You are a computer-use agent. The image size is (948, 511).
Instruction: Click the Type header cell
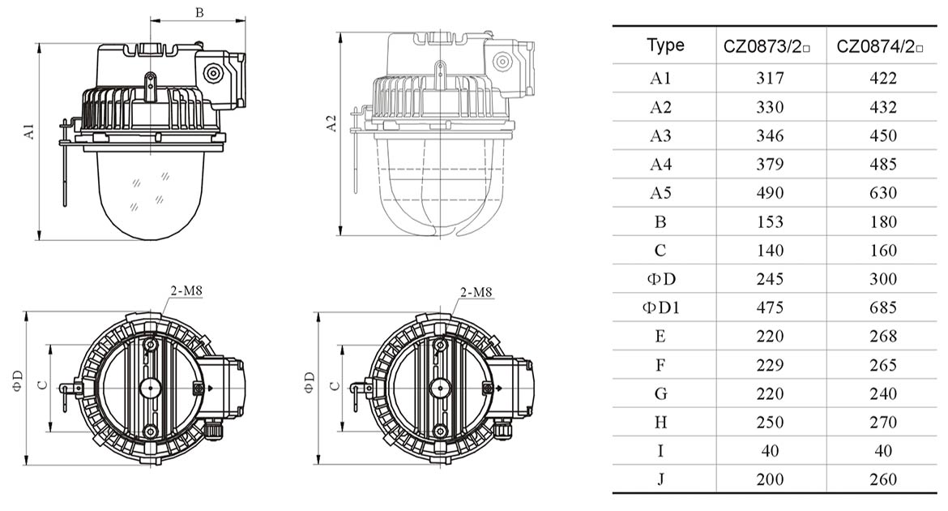click(x=665, y=46)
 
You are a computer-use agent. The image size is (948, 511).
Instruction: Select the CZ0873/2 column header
click(x=767, y=47)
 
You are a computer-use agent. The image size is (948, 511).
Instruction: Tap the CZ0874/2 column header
click(x=881, y=47)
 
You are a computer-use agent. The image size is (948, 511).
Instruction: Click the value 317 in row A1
click(x=770, y=79)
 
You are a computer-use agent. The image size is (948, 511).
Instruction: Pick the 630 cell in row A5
click(x=882, y=193)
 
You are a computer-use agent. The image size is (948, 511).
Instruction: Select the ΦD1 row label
click(x=660, y=307)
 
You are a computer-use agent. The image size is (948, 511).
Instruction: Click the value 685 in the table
click(x=882, y=307)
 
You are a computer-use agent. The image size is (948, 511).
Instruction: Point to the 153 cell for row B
click(x=770, y=221)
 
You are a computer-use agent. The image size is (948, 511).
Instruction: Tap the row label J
click(x=660, y=479)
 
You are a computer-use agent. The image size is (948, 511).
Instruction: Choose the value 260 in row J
click(x=882, y=479)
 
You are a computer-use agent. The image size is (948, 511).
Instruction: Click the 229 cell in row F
click(x=770, y=365)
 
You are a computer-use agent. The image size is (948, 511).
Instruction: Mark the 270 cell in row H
click(x=882, y=423)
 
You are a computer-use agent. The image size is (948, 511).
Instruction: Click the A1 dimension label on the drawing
click(x=29, y=131)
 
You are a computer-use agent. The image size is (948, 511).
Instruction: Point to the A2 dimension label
click(x=331, y=124)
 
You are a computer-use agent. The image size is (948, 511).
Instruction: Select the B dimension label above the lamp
click(x=199, y=12)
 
